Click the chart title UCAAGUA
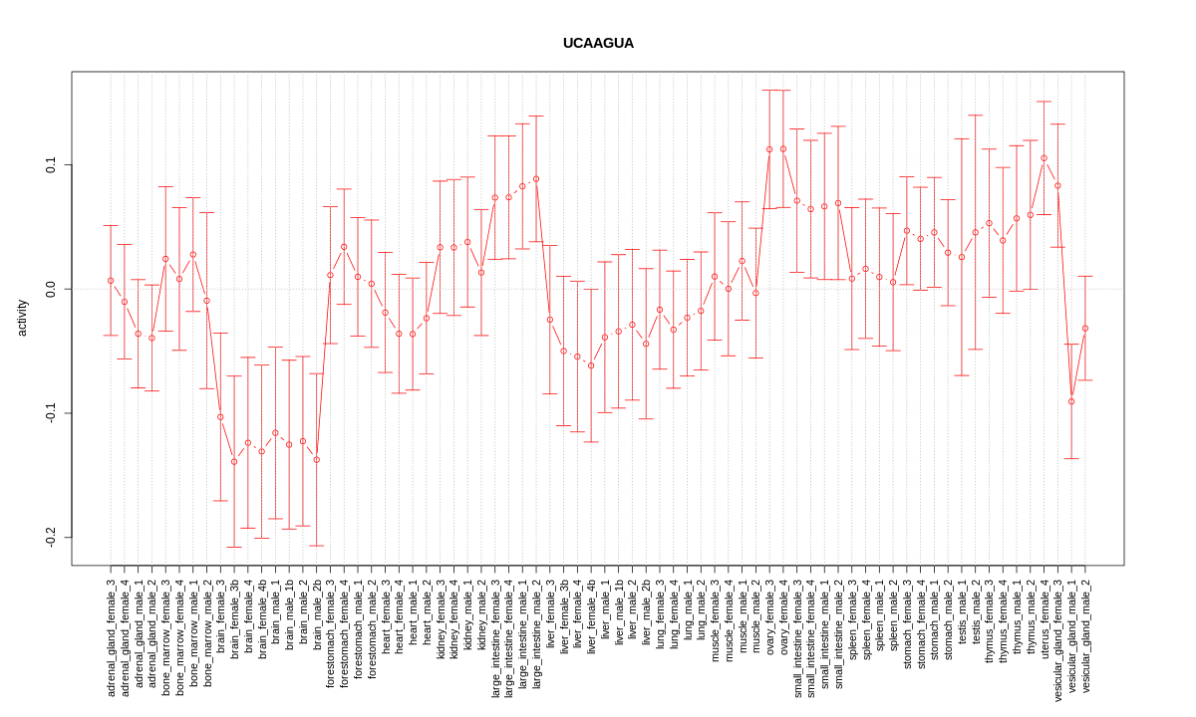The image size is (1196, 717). tap(598, 44)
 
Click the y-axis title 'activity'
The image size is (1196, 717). tap(22, 317)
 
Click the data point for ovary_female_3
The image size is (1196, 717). tap(769, 149)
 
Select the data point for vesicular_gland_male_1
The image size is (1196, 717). tap(1071, 401)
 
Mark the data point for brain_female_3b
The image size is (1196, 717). tap(234, 461)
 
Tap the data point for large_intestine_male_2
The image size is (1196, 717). tap(536, 178)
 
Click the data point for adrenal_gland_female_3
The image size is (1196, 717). tap(111, 281)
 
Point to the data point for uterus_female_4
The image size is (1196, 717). tap(1044, 157)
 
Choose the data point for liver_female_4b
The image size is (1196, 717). tap(591, 365)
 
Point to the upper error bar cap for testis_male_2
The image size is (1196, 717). tap(976, 116)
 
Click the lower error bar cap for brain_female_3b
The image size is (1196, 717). tap(234, 547)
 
